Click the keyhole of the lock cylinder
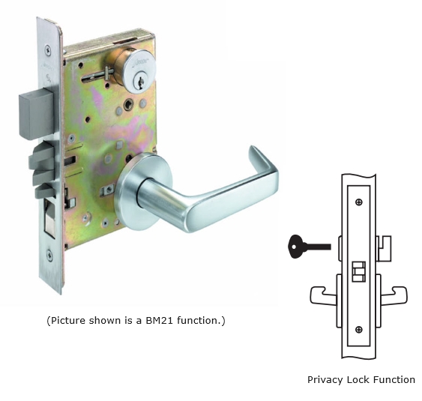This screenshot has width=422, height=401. pyautogui.click(x=140, y=81)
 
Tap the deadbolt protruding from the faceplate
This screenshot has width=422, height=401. pyautogui.click(x=37, y=115)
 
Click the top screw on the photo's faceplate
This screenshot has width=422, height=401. pyautogui.click(x=48, y=50)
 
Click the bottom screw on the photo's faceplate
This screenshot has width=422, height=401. pyautogui.click(x=49, y=255)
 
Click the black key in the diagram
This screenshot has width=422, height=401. pyautogui.click(x=310, y=247)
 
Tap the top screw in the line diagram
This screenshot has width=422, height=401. pyautogui.click(x=359, y=202)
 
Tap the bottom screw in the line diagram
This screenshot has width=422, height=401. pyautogui.click(x=359, y=329)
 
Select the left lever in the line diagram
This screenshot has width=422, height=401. pyautogui.click(x=324, y=295)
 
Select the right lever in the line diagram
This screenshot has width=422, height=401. pyautogui.click(x=394, y=295)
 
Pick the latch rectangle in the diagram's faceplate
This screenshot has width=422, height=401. pyautogui.click(x=359, y=271)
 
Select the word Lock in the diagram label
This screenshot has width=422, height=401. pyautogui.click(x=360, y=380)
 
